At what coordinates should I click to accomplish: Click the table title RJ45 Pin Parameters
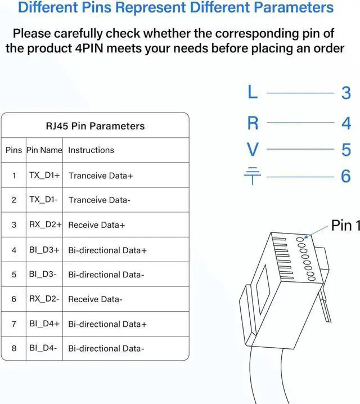coord(95,126)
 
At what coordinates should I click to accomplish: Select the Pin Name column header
coord(44,150)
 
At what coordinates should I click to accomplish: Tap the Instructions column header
coord(91,150)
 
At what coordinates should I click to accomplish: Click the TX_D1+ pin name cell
coord(44,175)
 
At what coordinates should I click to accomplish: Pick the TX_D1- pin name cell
coord(43,200)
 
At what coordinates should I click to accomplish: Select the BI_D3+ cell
coord(44,250)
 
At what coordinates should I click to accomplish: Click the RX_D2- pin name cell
coord(44,299)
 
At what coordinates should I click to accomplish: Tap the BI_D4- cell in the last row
coord(43,348)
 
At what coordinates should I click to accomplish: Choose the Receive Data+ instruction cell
coord(96,225)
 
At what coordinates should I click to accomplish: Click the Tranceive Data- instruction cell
coord(99,200)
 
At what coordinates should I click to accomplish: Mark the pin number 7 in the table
coord(14,324)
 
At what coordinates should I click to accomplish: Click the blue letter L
coord(253,92)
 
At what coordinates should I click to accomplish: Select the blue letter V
coord(253,150)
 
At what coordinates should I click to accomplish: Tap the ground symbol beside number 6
coord(253,177)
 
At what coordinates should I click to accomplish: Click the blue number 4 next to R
coord(346,123)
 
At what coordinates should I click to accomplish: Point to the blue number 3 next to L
coord(346,93)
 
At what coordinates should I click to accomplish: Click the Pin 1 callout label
coord(345,226)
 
